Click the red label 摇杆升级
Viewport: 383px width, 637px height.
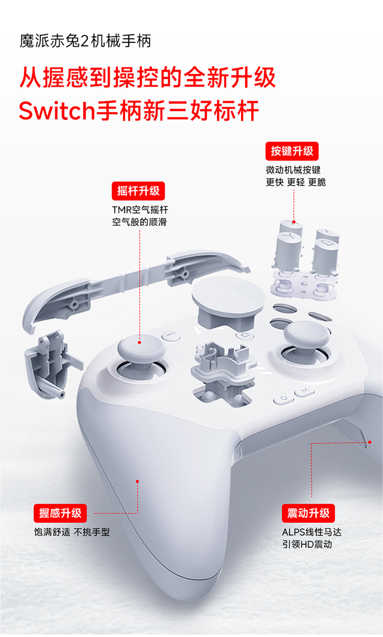click(x=138, y=191)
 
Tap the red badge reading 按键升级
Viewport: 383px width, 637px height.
click(x=292, y=151)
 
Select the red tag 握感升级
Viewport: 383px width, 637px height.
click(x=60, y=513)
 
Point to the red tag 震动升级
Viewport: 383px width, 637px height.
click(x=308, y=513)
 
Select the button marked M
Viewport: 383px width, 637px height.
click(x=305, y=392)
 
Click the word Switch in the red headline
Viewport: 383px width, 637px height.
click(x=57, y=111)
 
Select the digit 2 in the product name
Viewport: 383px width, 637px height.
click(x=85, y=41)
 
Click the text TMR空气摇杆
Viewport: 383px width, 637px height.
click(x=140, y=210)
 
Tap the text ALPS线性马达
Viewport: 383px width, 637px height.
click(x=312, y=532)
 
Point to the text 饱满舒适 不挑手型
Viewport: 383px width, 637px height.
click(x=72, y=532)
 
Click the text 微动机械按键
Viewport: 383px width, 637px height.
click(x=293, y=170)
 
